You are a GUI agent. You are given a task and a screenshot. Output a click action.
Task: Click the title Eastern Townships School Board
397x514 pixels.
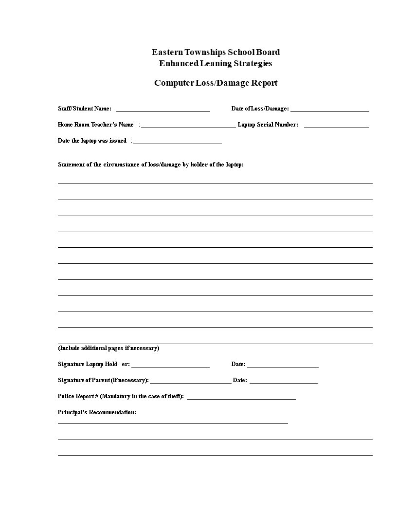click(x=216, y=52)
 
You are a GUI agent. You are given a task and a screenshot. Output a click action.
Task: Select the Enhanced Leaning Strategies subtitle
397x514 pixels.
click(x=216, y=63)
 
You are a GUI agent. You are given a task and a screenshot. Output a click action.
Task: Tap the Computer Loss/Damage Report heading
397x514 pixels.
click(x=216, y=83)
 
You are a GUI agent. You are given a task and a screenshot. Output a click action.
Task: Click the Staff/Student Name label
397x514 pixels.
click(x=85, y=109)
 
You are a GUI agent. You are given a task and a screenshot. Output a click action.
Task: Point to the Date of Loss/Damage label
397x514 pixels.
click(x=260, y=109)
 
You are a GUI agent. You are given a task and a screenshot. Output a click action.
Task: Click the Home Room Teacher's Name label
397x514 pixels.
click(x=96, y=125)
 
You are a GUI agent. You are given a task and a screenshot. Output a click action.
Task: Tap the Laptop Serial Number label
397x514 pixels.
click(x=268, y=125)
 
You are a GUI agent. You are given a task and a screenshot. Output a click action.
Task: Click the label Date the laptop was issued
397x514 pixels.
click(x=92, y=141)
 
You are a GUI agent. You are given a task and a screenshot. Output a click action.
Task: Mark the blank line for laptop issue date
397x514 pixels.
click(x=178, y=143)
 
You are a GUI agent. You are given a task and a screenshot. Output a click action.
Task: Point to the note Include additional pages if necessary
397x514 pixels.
click(x=108, y=348)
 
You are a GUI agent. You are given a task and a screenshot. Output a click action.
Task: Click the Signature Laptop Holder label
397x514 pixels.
click(x=93, y=364)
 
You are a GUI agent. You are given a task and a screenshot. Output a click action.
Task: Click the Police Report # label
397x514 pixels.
click(x=121, y=396)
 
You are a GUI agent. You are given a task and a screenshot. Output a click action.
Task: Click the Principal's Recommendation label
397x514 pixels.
click(x=97, y=412)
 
